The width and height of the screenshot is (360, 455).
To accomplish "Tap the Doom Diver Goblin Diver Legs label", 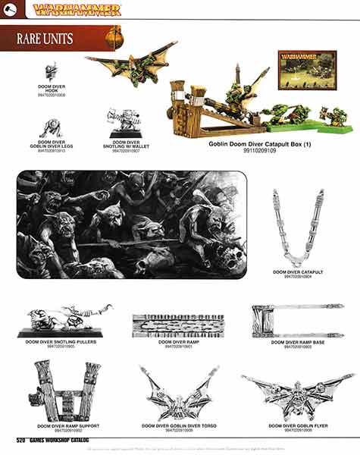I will coord(52,145).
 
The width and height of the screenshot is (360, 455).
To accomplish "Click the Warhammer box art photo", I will coord(308,70).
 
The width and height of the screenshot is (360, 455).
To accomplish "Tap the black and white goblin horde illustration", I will coord(132,224).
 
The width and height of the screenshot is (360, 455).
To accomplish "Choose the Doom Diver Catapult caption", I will coord(298,272).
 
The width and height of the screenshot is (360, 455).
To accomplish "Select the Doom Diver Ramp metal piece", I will coord(179,325).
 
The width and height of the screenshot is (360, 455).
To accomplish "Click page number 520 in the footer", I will coord(23,438).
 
